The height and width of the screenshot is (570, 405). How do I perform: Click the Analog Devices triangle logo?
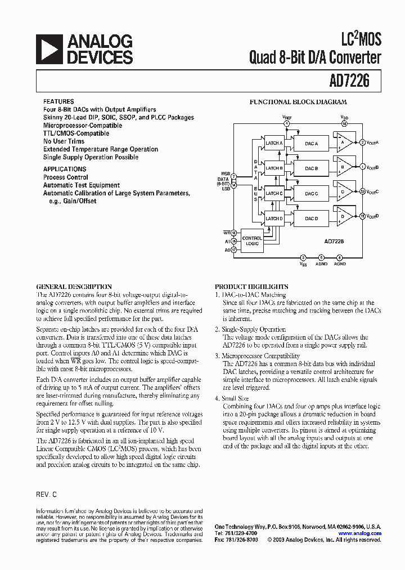coord(49,49)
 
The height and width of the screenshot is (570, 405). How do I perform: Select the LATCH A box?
coord(274,143)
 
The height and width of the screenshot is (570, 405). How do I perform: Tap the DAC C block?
coord(311,193)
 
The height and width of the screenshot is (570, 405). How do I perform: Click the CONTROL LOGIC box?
coord(252,240)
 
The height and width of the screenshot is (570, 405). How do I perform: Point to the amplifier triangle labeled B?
coord(343,167)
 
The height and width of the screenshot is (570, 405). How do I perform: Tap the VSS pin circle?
coord(303,257)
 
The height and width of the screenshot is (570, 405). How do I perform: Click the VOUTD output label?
coord(372,216)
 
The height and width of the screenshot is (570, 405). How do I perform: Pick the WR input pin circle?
coord(234,231)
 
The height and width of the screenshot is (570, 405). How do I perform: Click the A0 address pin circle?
coord(234,250)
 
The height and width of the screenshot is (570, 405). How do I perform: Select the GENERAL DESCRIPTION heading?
coord(74,287)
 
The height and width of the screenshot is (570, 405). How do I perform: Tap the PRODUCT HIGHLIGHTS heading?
coord(251,287)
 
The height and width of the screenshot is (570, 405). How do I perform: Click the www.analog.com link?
coord(359,533)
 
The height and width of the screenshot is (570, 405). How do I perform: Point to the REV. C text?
coord(47,494)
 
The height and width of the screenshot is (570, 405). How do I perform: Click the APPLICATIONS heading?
coord(65,169)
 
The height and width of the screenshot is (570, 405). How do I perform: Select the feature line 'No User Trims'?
coord(64,141)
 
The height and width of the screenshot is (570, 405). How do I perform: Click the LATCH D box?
coord(274,219)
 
